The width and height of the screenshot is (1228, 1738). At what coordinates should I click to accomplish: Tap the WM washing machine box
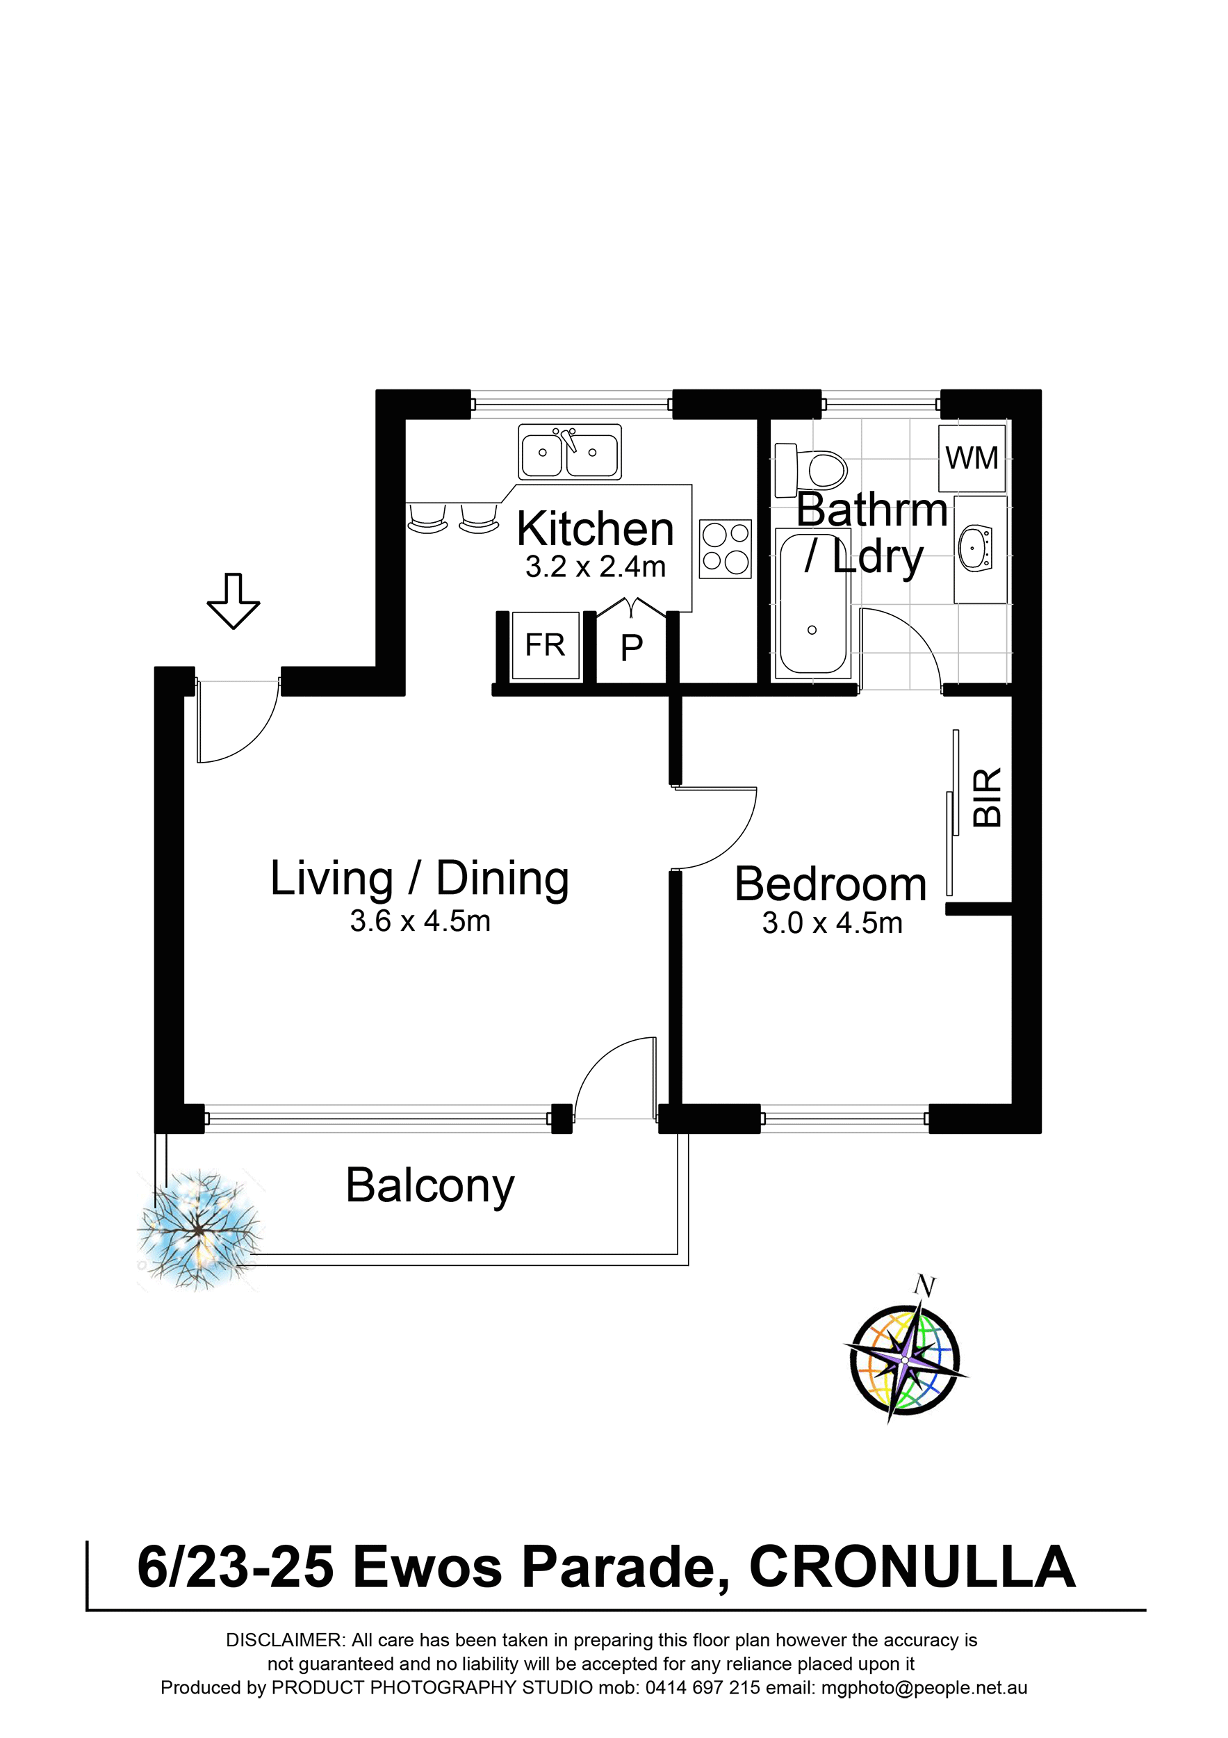pyautogui.click(x=972, y=459)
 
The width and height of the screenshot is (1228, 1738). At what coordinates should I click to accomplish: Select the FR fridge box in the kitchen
pyautogui.click(x=546, y=646)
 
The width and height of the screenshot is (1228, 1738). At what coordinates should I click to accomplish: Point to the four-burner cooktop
pyautogui.click(x=725, y=549)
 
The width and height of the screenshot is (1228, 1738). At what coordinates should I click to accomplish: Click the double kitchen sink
pyautogui.click(x=570, y=452)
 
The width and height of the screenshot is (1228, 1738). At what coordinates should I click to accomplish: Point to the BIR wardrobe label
pyautogui.click(x=987, y=797)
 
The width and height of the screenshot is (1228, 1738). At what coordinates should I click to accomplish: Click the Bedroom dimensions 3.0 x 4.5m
pyautogui.click(x=833, y=923)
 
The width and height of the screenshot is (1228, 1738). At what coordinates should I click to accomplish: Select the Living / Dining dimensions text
pyautogui.click(x=420, y=921)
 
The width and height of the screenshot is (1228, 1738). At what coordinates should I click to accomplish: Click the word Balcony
pyautogui.click(x=429, y=1186)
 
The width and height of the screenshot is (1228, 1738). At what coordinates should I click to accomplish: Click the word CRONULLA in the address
pyautogui.click(x=912, y=1568)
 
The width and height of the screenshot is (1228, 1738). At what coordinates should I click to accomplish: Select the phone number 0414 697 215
pyautogui.click(x=702, y=1687)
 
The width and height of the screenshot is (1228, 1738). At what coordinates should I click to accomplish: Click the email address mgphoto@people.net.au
pyautogui.click(x=924, y=1687)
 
